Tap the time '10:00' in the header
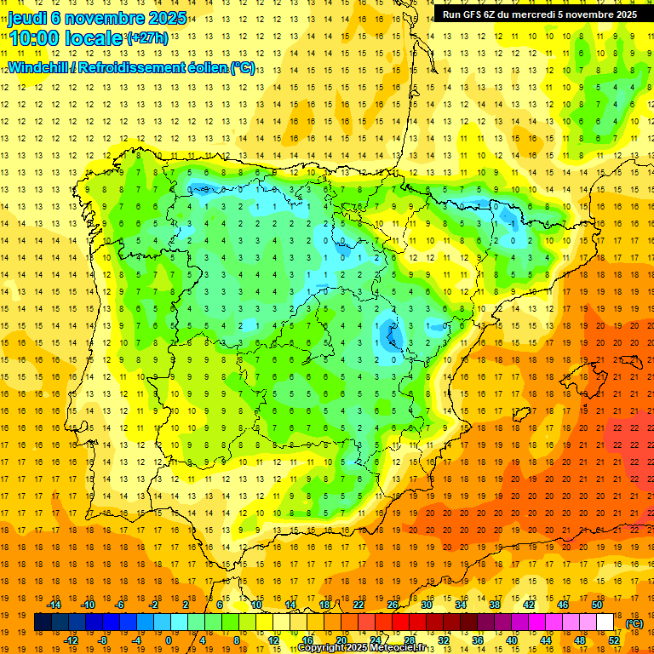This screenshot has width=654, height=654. point(33,37)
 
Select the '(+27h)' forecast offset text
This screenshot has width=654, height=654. point(146,37)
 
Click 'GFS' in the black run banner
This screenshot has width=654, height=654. point(478,14)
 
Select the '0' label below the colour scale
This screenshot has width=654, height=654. point(169,640)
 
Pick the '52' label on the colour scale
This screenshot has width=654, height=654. point(613,640)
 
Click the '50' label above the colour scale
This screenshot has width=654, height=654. point(596,604)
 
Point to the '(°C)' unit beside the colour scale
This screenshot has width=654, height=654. point(634,622)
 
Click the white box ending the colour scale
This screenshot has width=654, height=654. point(605,622)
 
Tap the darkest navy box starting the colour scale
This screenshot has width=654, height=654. point(43,622)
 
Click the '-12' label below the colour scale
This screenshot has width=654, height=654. point(72,640)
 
